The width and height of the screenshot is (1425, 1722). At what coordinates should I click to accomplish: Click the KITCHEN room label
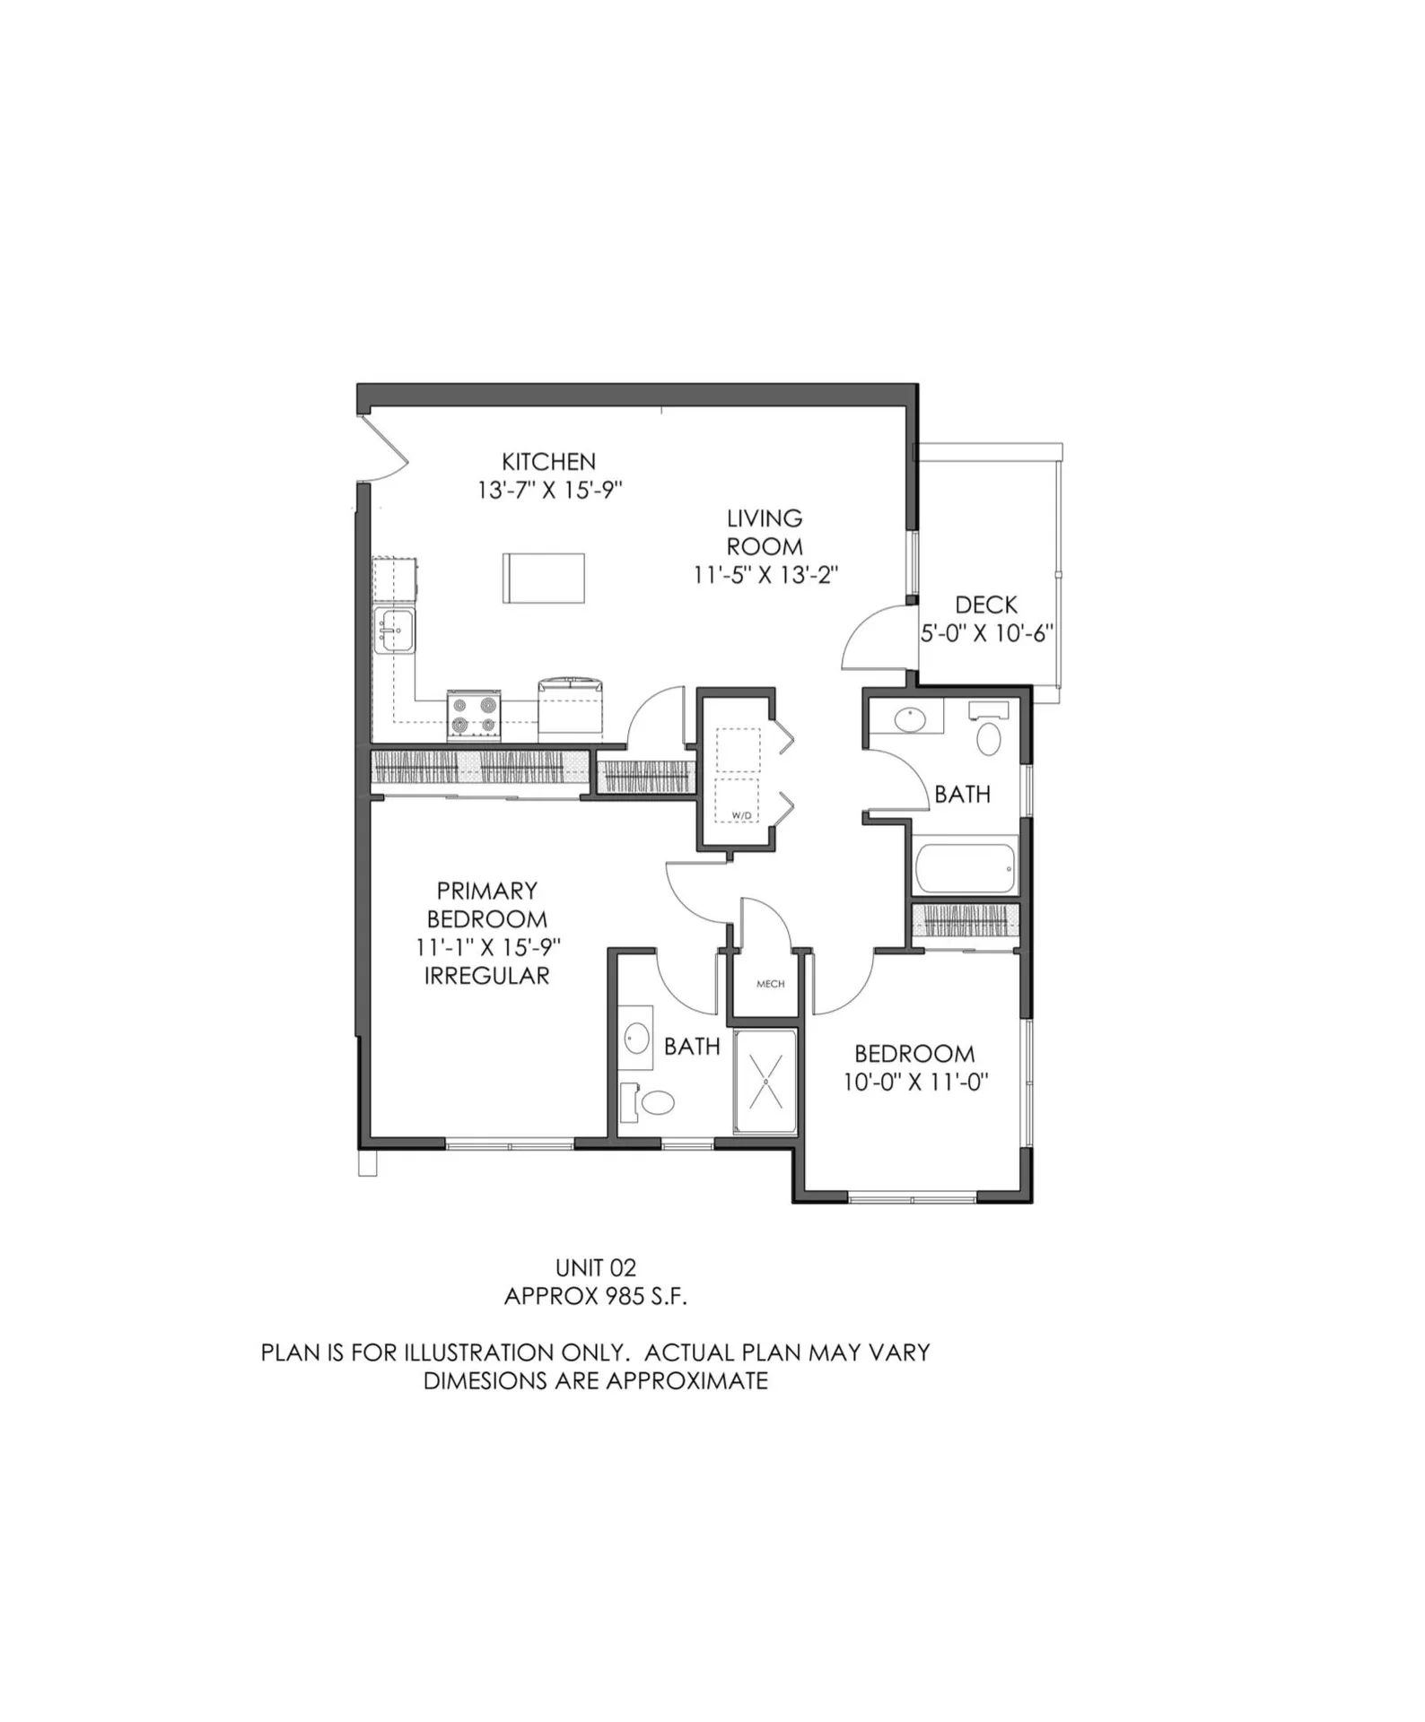coord(548,462)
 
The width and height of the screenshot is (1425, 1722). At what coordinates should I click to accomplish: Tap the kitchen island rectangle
coord(543,578)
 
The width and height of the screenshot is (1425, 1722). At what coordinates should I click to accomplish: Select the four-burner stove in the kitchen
coord(474,715)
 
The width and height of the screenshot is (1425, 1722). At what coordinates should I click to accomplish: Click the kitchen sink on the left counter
coord(395,630)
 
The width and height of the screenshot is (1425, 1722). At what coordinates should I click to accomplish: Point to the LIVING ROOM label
coord(765,532)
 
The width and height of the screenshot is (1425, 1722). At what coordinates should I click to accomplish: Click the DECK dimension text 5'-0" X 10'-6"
coord(986,633)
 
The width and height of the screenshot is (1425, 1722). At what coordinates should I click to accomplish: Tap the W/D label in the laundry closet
coord(741,815)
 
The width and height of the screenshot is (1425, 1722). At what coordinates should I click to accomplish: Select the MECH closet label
coord(770,984)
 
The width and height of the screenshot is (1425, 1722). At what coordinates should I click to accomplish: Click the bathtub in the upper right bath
coord(965,867)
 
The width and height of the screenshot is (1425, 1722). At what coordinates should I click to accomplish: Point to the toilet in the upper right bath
coord(988,738)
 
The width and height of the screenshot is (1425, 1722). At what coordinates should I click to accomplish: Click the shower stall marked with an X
coord(765,1082)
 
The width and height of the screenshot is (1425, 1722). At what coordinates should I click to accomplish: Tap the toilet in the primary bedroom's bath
coord(657,1102)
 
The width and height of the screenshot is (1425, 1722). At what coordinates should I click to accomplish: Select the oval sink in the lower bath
coord(637,1039)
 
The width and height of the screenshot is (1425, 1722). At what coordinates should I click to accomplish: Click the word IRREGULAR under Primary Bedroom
coord(486,976)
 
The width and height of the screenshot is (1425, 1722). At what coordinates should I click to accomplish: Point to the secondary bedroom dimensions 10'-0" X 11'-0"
coord(914,1083)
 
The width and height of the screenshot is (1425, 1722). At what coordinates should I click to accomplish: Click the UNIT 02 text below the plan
coord(596,1267)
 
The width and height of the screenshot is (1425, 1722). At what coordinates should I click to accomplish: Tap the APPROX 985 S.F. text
coord(596,1296)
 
